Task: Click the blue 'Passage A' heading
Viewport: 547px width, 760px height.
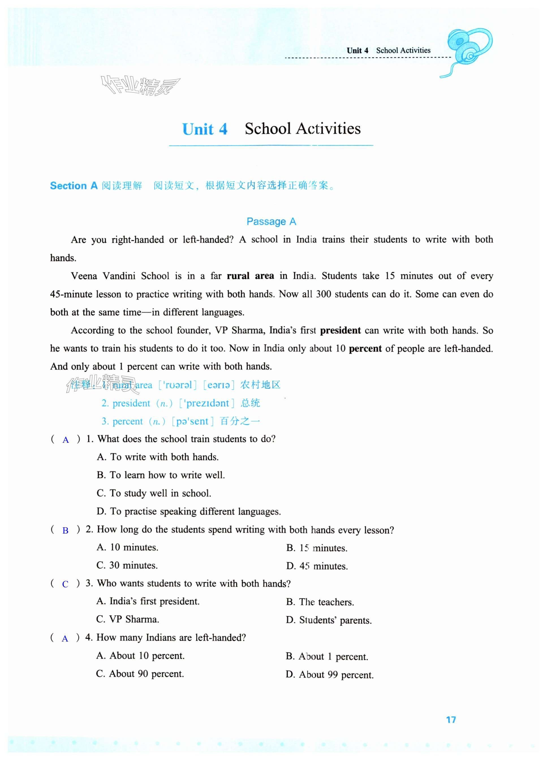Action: coord(271,221)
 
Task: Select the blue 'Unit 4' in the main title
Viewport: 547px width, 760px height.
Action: coord(205,129)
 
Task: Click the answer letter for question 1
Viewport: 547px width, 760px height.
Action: coord(66,440)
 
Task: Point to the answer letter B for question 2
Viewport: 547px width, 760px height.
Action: coord(65,530)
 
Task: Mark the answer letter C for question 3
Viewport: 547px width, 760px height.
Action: coord(65,584)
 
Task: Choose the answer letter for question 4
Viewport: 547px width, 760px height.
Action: coord(65,638)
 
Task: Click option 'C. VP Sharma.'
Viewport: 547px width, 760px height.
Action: coord(128,619)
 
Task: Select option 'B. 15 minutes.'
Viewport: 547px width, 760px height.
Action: coord(317,548)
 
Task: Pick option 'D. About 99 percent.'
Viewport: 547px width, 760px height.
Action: coord(330,675)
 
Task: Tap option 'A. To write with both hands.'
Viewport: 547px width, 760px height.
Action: coord(158,457)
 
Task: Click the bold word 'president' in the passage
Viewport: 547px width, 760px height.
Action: coord(340,331)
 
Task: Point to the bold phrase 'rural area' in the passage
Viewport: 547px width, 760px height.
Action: coord(250,276)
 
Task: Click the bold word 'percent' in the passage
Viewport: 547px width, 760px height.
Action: coord(365,349)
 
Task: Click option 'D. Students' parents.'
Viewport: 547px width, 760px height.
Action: coord(329,620)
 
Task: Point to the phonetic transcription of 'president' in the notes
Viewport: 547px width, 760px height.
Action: coord(206,403)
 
